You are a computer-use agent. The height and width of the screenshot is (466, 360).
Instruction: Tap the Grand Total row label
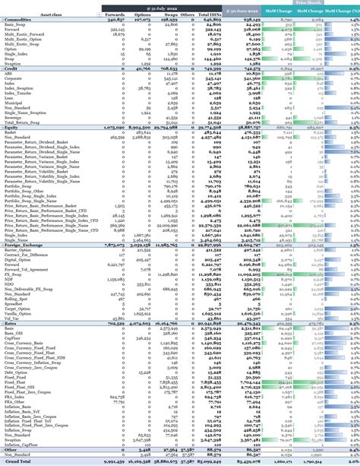click(17, 461)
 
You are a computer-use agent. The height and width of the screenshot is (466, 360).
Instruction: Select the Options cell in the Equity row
click(149, 127)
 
